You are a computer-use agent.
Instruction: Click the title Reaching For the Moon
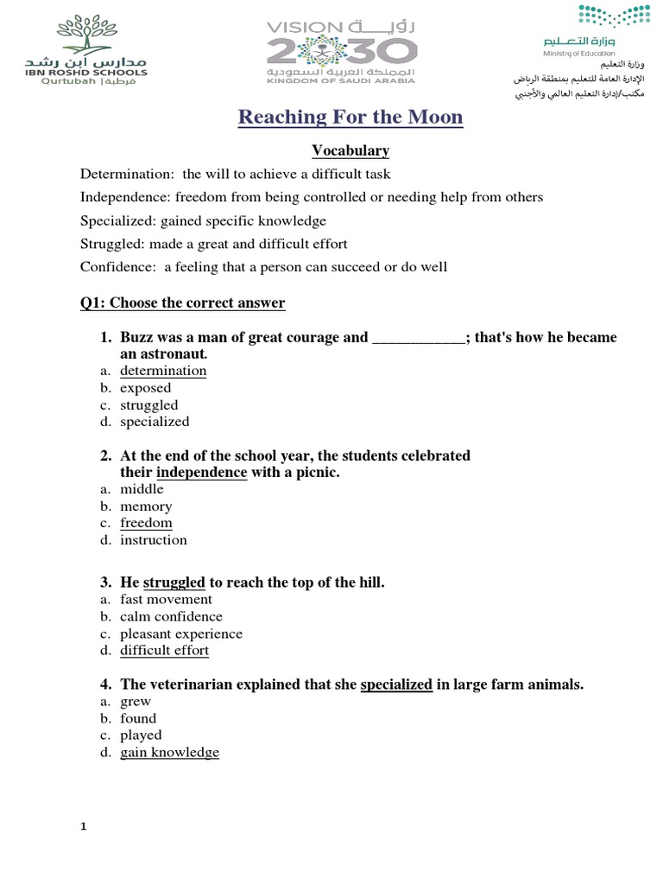click(350, 117)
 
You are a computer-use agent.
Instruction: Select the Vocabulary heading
click(350, 151)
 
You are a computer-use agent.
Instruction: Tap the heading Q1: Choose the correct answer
click(182, 303)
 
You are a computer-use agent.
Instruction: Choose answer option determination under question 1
click(163, 371)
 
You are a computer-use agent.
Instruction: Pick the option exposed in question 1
click(145, 388)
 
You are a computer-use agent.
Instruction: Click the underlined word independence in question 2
click(201, 473)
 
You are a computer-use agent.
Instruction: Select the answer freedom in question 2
click(146, 523)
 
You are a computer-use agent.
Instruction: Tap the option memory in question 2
click(146, 506)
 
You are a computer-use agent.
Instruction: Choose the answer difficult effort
click(164, 651)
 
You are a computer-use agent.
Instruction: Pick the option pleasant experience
click(181, 634)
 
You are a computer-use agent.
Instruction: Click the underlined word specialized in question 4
click(396, 685)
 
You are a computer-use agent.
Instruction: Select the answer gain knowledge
click(169, 753)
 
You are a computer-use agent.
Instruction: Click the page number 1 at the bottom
click(84, 827)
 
